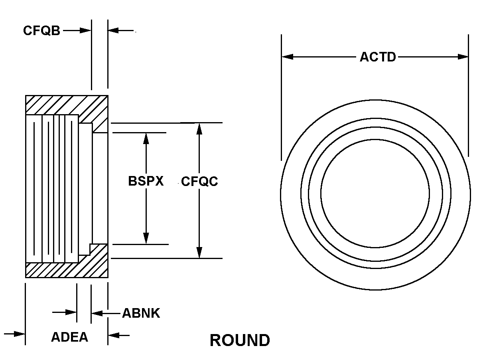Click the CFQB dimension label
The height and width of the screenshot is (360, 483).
click(x=41, y=31)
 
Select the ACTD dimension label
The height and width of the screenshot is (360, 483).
click(x=378, y=57)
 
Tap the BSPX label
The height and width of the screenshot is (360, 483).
click(x=146, y=181)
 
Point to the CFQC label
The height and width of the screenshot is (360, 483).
click(x=199, y=182)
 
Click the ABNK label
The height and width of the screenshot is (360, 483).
click(x=141, y=313)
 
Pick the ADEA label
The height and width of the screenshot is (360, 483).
click(x=69, y=337)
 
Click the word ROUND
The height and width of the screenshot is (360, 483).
click(x=240, y=340)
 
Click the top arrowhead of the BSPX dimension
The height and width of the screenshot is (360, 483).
click(x=146, y=138)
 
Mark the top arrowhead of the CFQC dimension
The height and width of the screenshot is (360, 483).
click(x=199, y=128)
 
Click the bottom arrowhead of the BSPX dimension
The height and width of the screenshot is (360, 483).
click(x=146, y=238)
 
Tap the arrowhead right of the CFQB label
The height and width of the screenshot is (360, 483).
click(x=86, y=30)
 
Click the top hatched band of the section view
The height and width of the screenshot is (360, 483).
click(x=66, y=105)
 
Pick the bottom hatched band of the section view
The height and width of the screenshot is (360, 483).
click(x=66, y=270)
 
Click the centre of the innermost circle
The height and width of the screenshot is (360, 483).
click(x=375, y=194)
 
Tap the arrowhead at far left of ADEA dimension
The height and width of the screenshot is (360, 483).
click(x=20, y=334)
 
